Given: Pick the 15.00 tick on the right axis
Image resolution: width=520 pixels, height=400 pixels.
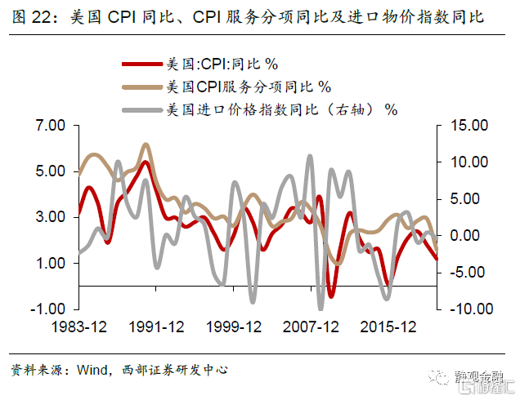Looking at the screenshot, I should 468,126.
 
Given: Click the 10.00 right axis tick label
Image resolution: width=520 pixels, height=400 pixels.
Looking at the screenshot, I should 468,162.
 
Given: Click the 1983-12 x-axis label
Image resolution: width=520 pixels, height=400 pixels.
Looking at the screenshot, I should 78,327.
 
